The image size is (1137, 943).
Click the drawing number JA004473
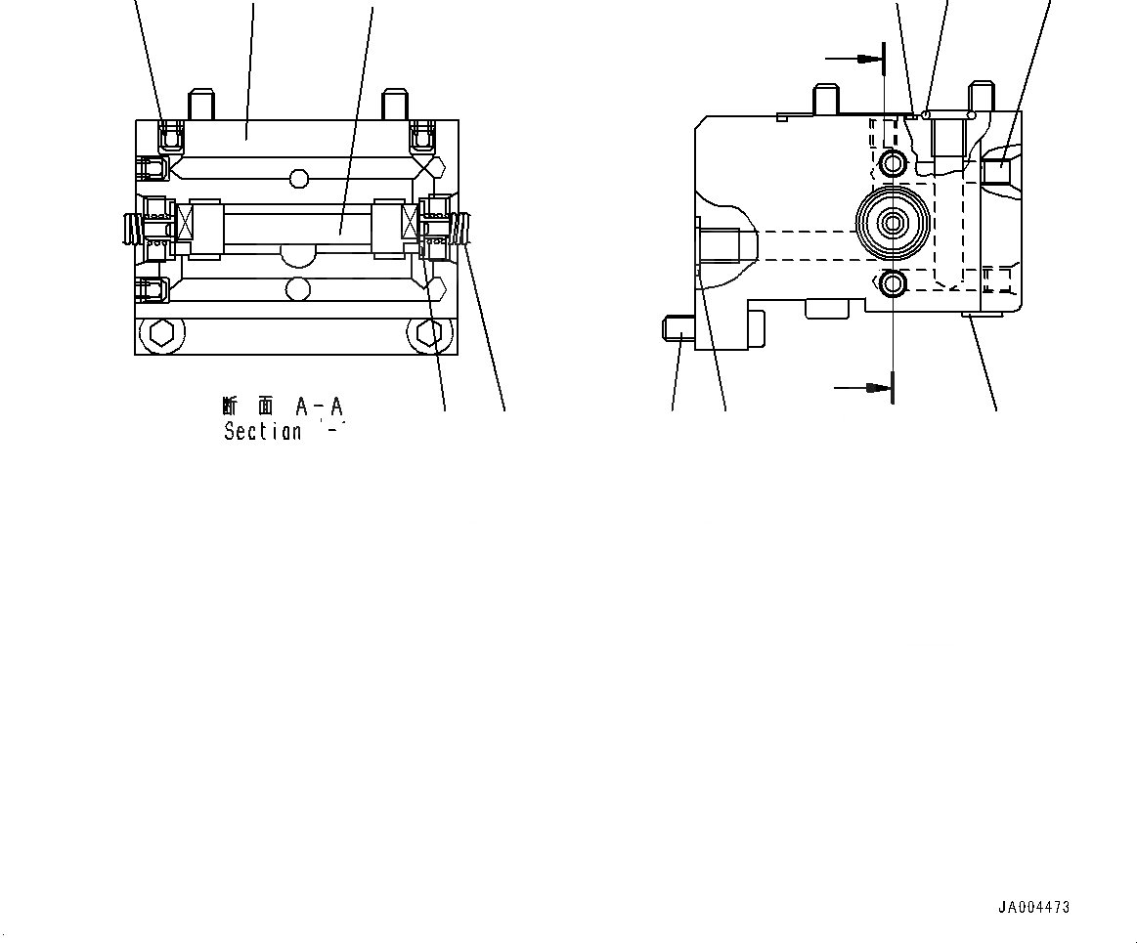click(x=1033, y=907)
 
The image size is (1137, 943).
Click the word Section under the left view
click(x=262, y=431)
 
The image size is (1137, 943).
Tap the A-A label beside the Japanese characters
click(x=321, y=406)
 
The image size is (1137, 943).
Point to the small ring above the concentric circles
click(x=893, y=163)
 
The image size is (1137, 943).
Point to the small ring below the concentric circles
click(x=893, y=284)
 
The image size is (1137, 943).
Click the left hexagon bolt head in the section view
click(x=161, y=333)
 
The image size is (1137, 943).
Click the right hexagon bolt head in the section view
click(x=427, y=333)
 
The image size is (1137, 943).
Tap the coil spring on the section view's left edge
click(x=128, y=231)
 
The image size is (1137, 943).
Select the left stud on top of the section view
click(x=201, y=104)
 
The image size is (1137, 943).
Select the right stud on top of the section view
click(x=394, y=104)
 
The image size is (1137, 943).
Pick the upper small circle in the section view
click(x=299, y=179)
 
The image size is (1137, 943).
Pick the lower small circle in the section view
click(x=299, y=288)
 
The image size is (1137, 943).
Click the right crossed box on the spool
click(x=410, y=224)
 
